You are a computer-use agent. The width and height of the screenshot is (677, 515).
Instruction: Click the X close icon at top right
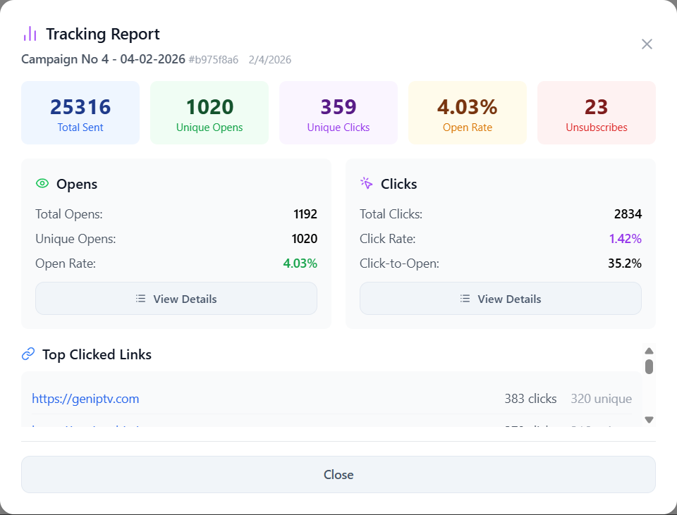[647, 44]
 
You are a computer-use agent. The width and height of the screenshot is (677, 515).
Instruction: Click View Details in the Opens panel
[176, 299]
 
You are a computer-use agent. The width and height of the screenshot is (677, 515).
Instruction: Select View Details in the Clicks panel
[501, 299]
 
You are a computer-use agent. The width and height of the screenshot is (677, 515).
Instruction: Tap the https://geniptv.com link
[85, 399]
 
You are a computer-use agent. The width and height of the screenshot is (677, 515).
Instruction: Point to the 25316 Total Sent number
[80, 107]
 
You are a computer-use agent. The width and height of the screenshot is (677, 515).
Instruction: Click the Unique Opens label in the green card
[209, 128]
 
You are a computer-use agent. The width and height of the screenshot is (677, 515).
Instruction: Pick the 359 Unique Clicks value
[338, 107]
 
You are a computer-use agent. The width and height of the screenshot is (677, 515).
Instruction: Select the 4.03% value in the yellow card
[467, 107]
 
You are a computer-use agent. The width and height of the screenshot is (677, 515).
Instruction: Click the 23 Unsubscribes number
[596, 107]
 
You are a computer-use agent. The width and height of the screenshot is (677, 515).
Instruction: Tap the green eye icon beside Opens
[42, 184]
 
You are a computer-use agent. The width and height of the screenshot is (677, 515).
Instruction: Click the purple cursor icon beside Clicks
[367, 183]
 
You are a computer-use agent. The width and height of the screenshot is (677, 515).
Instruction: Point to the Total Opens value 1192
[305, 214]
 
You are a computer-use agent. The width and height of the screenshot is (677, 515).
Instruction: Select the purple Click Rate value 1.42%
[626, 239]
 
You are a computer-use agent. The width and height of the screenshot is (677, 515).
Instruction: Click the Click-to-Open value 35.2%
[626, 263]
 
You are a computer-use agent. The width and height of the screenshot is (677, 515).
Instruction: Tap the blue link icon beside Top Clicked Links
[28, 354]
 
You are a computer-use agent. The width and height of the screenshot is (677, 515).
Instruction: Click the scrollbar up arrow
[649, 351]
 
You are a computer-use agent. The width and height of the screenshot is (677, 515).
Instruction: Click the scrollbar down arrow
[649, 420]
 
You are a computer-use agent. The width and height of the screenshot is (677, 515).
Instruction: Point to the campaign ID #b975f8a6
[214, 60]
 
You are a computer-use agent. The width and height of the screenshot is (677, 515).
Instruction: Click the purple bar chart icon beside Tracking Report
[30, 34]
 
